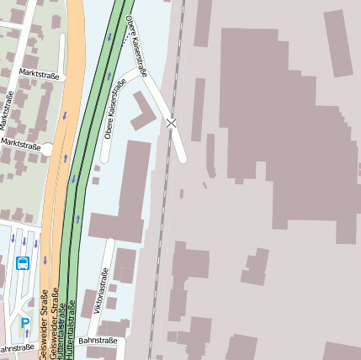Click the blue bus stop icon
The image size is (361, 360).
[x=23, y=263]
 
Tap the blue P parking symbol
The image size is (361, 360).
[x=25, y=322]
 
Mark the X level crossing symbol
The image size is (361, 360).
[x=172, y=123]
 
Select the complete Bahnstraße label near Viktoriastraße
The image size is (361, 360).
[x=96, y=341]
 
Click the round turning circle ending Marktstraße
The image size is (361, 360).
[x=47, y=151]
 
